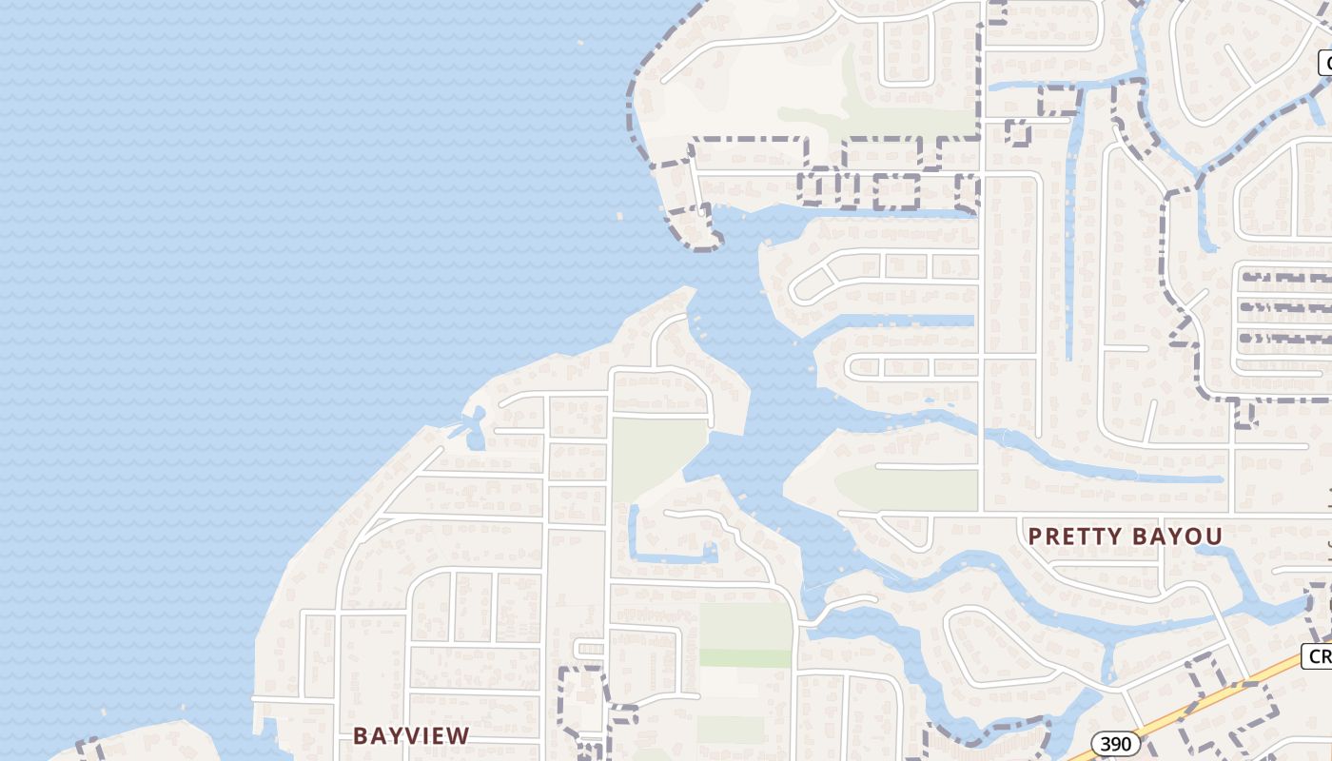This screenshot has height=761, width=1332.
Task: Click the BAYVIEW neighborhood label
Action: pyautogui.click(x=411, y=735)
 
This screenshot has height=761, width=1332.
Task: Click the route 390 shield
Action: pyautogui.click(x=1115, y=744)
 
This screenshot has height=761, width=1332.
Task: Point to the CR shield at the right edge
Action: pyautogui.click(x=1318, y=656)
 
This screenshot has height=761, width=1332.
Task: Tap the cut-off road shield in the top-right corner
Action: pyautogui.click(x=1324, y=63)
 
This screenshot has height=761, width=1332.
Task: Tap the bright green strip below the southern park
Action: pyautogui.click(x=745, y=657)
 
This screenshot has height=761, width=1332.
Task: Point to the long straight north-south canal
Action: pyautogui.click(x=1074, y=238)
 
